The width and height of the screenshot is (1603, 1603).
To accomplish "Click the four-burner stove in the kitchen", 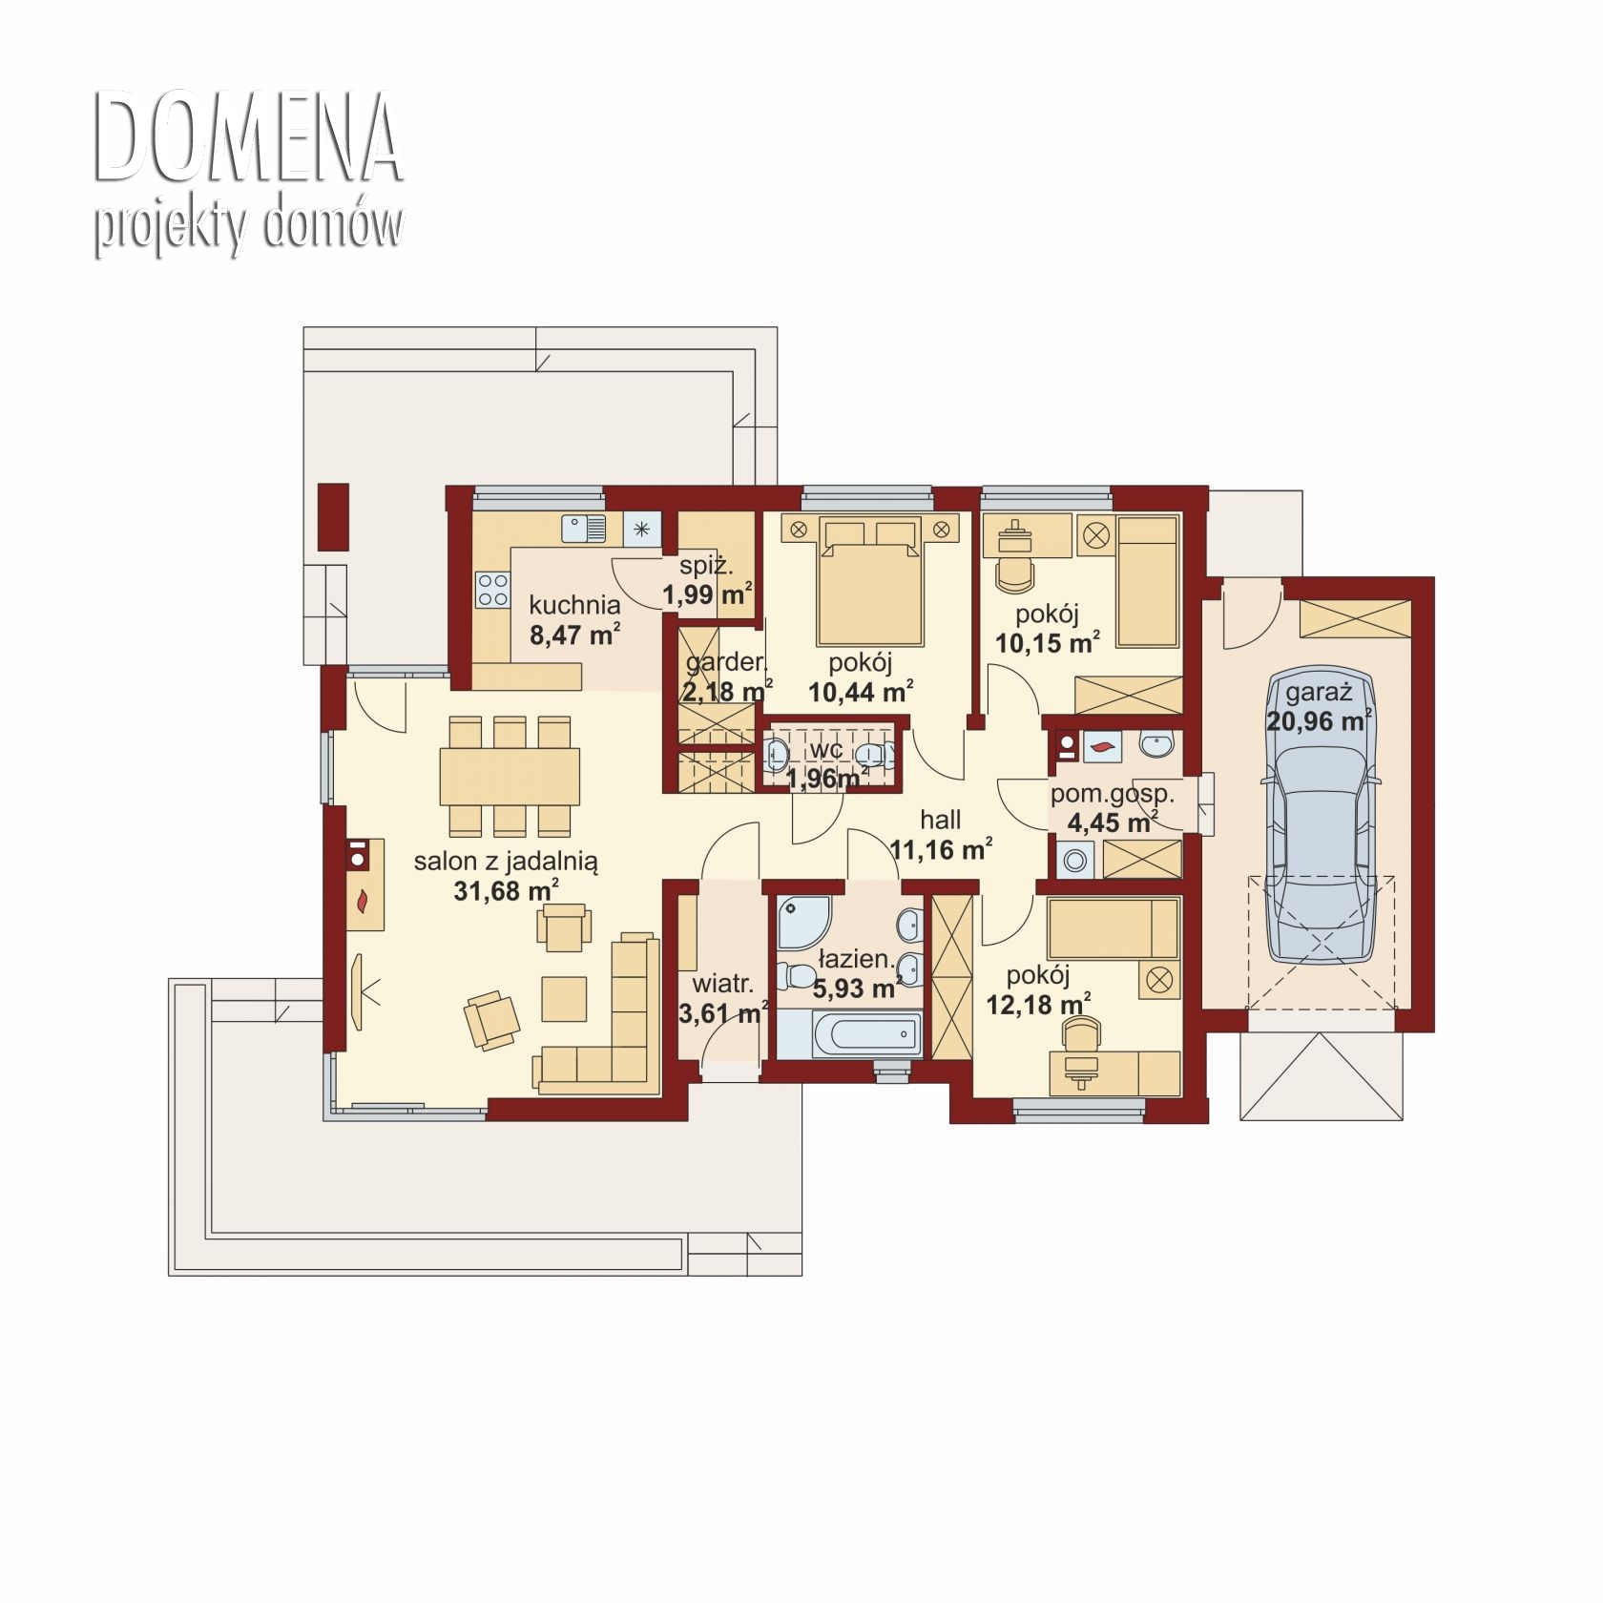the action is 493,589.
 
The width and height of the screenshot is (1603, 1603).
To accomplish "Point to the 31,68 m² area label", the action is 507,891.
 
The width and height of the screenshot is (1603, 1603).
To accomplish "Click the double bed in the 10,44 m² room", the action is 869,580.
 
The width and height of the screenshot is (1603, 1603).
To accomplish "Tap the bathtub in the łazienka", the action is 849,1035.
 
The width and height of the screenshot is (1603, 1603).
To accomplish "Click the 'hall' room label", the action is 940,820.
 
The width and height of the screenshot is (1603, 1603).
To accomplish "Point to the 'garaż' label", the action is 1319,692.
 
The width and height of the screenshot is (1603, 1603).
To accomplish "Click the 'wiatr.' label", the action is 723,984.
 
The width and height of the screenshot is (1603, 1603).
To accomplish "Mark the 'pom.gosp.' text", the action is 1113,794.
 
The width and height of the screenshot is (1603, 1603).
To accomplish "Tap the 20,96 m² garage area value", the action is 1319,720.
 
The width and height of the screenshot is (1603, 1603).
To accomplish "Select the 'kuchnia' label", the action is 574,605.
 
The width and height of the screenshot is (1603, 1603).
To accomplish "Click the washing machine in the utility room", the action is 1075,860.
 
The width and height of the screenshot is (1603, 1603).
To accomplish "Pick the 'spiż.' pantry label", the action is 706,566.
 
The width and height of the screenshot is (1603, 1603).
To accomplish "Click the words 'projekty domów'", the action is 248,227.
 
